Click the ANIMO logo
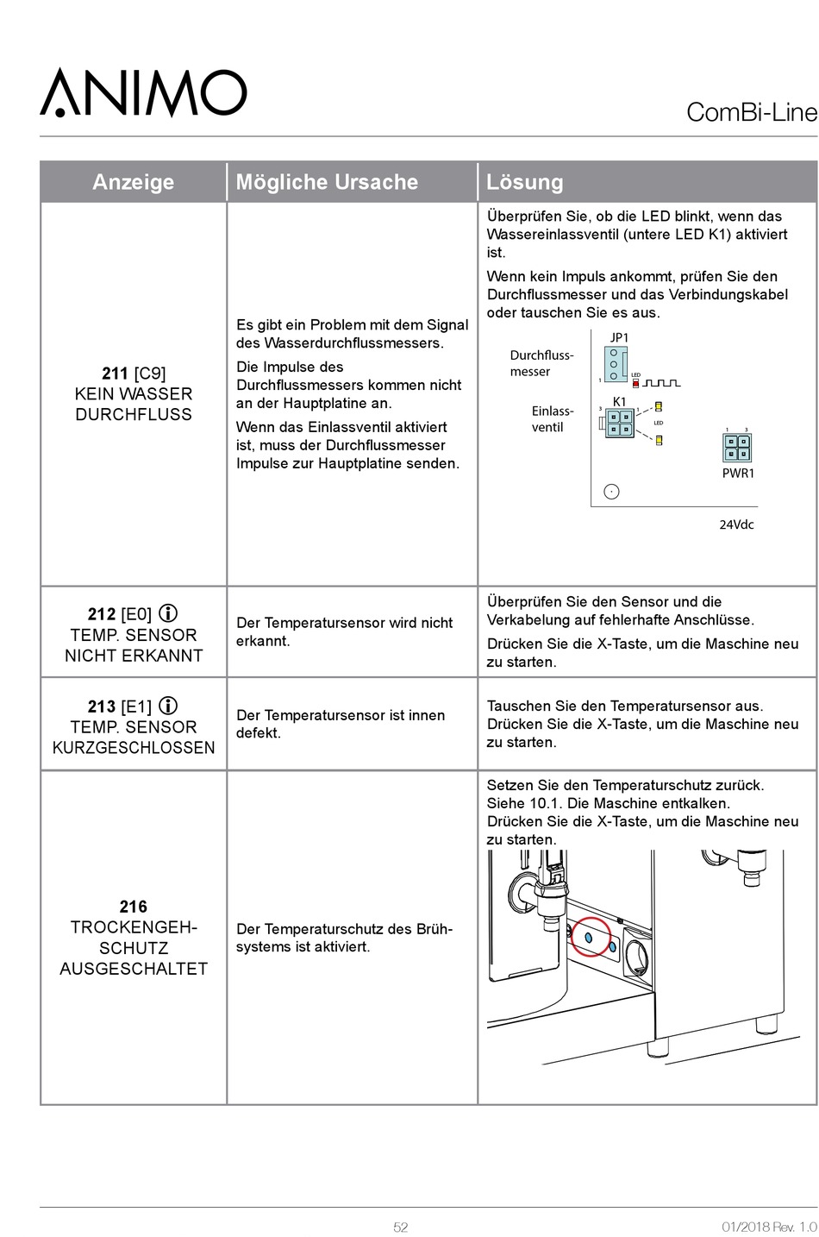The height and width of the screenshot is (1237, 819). point(143,93)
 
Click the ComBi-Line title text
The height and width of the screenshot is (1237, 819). point(751,113)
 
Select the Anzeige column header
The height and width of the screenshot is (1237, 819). point(133,182)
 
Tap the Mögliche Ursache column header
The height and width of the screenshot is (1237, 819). point(327,182)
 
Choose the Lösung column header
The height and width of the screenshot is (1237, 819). point(525,182)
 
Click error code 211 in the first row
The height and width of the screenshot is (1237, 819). point(115,374)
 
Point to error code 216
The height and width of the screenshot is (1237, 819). point(134,907)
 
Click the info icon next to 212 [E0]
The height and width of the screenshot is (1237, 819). point(168,613)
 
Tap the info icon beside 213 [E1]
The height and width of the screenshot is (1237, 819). point(168,706)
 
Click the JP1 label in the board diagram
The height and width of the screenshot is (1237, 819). point(619,337)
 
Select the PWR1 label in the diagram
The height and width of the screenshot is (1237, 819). point(738,473)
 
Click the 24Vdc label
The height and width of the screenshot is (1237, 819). point(736,524)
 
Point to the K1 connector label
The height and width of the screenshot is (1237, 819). point(619,402)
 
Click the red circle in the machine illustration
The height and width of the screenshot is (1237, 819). point(591,937)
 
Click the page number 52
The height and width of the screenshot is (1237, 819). point(401,1227)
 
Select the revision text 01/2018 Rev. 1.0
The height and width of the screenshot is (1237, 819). point(768,1227)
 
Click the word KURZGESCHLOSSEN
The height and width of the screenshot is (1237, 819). point(134,748)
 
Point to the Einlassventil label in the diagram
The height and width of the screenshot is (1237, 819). point(552,419)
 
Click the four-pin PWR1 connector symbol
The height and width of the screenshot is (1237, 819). point(736,448)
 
